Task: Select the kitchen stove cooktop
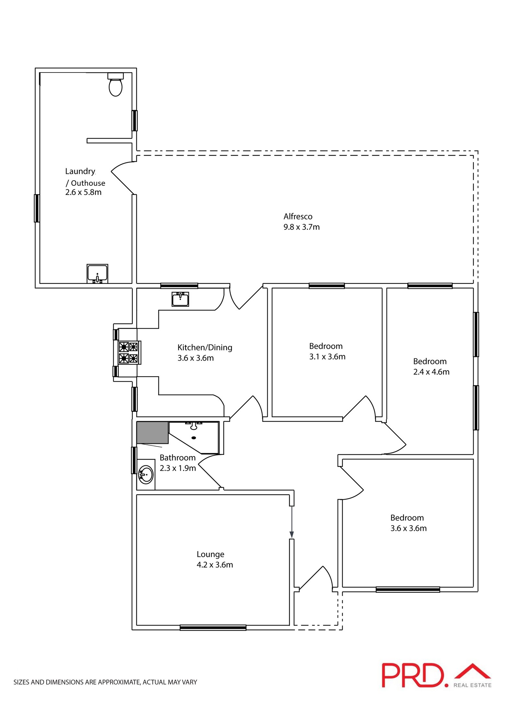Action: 129,353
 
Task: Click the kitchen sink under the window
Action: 180,299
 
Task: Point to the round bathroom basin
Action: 146,475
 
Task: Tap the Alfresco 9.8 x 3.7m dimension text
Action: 301,227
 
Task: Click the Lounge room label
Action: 210,554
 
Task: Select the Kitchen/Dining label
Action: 205,347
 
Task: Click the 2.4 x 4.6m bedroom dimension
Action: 431,372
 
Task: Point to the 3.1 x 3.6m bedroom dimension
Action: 327,357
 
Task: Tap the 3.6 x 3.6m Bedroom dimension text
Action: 408,528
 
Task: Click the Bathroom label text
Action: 177,458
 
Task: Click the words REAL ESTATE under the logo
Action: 472,685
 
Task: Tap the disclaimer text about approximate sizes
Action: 105,682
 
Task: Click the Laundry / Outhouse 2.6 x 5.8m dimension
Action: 83,192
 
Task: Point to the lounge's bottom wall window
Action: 213,628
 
